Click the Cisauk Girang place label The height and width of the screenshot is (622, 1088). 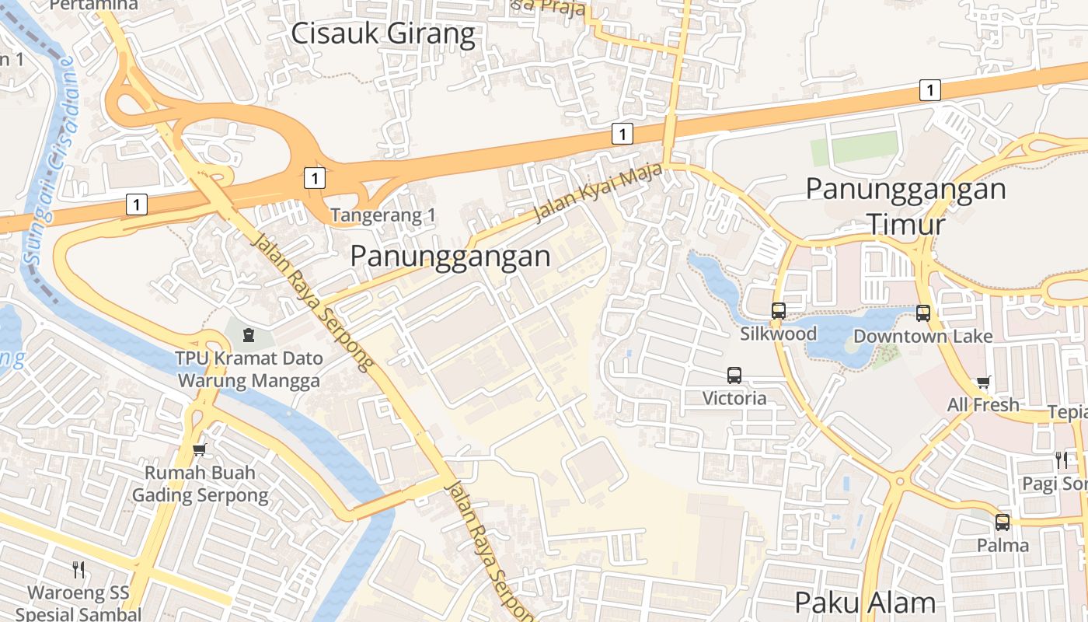382,34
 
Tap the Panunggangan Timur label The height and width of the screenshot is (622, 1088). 905,206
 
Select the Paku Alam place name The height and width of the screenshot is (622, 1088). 865,603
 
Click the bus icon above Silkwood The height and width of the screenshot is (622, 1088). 779,311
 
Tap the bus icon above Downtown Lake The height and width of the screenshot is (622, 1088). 923,313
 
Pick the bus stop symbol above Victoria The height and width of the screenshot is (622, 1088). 734,376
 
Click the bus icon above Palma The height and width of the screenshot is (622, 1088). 1003,522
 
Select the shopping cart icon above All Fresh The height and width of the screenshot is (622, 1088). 984,382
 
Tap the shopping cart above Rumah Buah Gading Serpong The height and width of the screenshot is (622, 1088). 200,449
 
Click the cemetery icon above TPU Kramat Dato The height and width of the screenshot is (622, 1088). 248,335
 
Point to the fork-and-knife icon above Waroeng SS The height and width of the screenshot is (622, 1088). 78,569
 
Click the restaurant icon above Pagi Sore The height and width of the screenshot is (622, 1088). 1062,460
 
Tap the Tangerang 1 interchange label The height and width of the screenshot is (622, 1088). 382,215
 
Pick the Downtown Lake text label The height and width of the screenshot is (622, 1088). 922,336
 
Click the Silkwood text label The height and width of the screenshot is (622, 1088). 778,334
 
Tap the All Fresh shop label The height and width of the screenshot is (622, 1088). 982,404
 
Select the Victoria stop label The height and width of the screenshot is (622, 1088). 734,398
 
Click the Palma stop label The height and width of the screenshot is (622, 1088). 1003,544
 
